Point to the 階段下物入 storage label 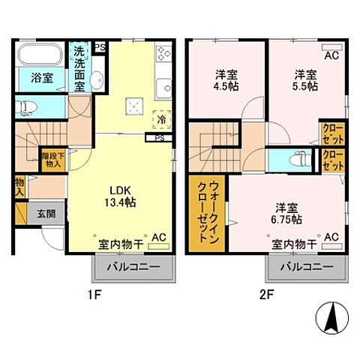point(52,158)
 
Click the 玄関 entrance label point(46,213)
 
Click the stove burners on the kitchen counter point(164,54)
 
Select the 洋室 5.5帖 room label point(303,79)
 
